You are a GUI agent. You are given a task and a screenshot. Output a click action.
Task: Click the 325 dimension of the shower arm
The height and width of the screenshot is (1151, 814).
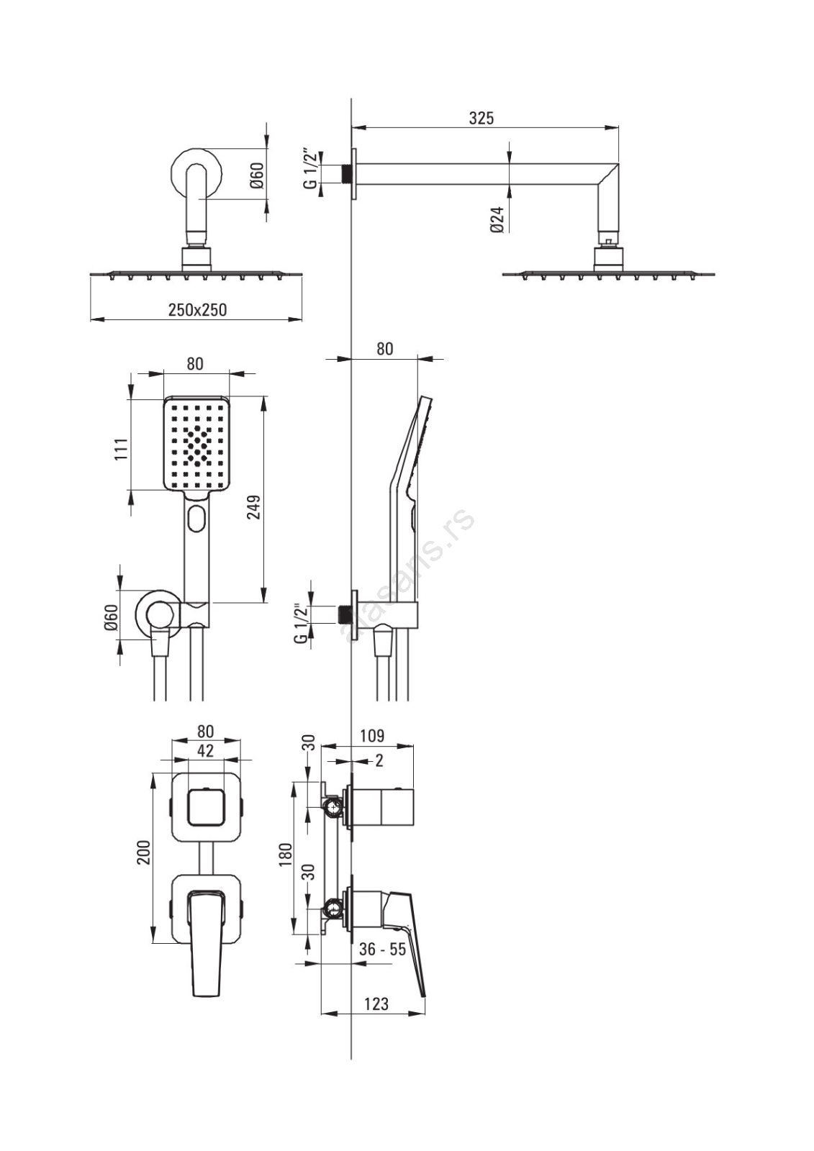481,118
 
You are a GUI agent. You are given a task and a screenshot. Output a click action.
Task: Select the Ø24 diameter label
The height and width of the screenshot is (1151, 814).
497,220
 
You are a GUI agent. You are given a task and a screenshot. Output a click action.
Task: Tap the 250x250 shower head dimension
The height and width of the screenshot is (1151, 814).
197,310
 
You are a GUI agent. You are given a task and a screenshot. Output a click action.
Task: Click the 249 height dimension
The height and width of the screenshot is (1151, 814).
255,507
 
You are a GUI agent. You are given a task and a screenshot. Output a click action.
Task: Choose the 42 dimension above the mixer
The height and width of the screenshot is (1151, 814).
205,751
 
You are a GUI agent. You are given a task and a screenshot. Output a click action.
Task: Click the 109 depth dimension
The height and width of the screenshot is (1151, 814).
372,736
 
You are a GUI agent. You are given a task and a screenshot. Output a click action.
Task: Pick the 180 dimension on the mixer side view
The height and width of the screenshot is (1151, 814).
286,855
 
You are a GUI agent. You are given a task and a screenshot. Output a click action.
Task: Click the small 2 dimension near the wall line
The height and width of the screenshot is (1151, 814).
379,760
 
